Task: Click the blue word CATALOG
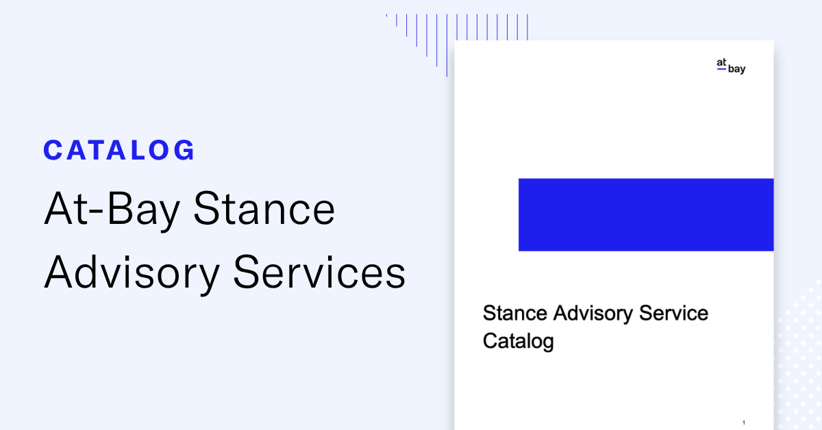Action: [119, 150]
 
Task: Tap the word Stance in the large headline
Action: [264, 210]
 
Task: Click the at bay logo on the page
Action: [730, 66]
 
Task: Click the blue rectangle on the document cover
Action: [645, 214]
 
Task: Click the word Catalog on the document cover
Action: [518, 340]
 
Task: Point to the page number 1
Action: [743, 422]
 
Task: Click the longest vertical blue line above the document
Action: [447, 45]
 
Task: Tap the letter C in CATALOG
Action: [53, 150]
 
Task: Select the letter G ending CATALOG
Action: [185, 150]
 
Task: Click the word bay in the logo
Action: [736, 70]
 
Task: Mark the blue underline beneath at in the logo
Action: [721, 69]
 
